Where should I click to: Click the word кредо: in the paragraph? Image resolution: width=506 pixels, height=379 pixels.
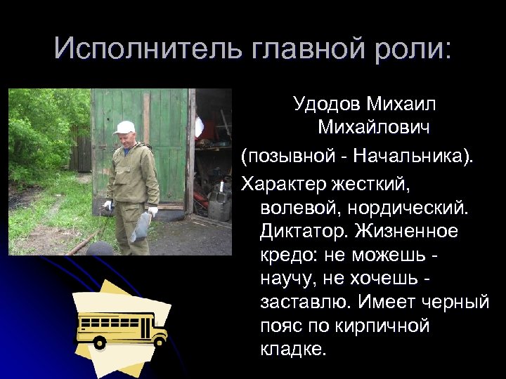coord(293,255)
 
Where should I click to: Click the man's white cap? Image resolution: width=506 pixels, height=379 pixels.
coord(124,127)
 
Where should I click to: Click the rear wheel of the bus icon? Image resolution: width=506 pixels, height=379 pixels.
coord(100,343)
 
